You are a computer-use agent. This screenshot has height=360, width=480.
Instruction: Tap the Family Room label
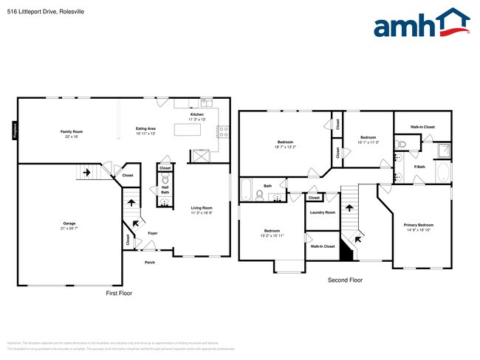[x=72, y=131]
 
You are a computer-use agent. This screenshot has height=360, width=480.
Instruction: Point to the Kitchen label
[x=197, y=115]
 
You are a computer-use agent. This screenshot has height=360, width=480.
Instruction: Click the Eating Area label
[x=145, y=129]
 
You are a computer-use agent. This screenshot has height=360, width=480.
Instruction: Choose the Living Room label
[x=202, y=208]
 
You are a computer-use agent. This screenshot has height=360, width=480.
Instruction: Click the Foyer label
[x=152, y=233]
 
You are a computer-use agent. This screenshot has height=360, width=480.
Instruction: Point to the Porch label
[x=150, y=262]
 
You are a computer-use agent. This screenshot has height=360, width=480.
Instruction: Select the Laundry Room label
[x=323, y=212]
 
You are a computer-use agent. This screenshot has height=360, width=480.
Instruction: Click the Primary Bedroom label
[x=418, y=225]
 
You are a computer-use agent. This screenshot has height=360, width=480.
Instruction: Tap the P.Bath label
[x=419, y=167]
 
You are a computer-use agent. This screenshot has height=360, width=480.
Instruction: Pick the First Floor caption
[x=120, y=293]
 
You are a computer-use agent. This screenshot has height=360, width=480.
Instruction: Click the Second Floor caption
[x=345, y=280]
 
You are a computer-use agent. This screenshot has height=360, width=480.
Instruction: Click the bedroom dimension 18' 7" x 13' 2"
[x=286, y=147]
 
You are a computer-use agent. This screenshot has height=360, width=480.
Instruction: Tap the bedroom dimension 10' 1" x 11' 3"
[x=368, y=142]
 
